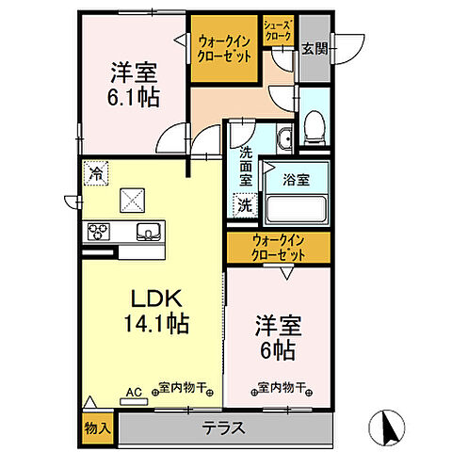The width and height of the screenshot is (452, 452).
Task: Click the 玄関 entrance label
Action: click(x=314, y=48)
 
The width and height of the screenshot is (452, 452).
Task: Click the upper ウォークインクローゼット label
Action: click(x=224, y=48)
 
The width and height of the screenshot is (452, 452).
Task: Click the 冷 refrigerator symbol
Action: click(x=94, y=171)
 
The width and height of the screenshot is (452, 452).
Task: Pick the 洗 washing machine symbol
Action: click(x=244, y=203)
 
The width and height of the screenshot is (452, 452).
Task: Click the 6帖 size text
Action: click(x=277, y=347)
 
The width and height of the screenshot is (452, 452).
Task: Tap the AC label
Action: click(x=134, y=389)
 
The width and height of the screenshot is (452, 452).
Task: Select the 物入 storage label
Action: click(x=98, y=428)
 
